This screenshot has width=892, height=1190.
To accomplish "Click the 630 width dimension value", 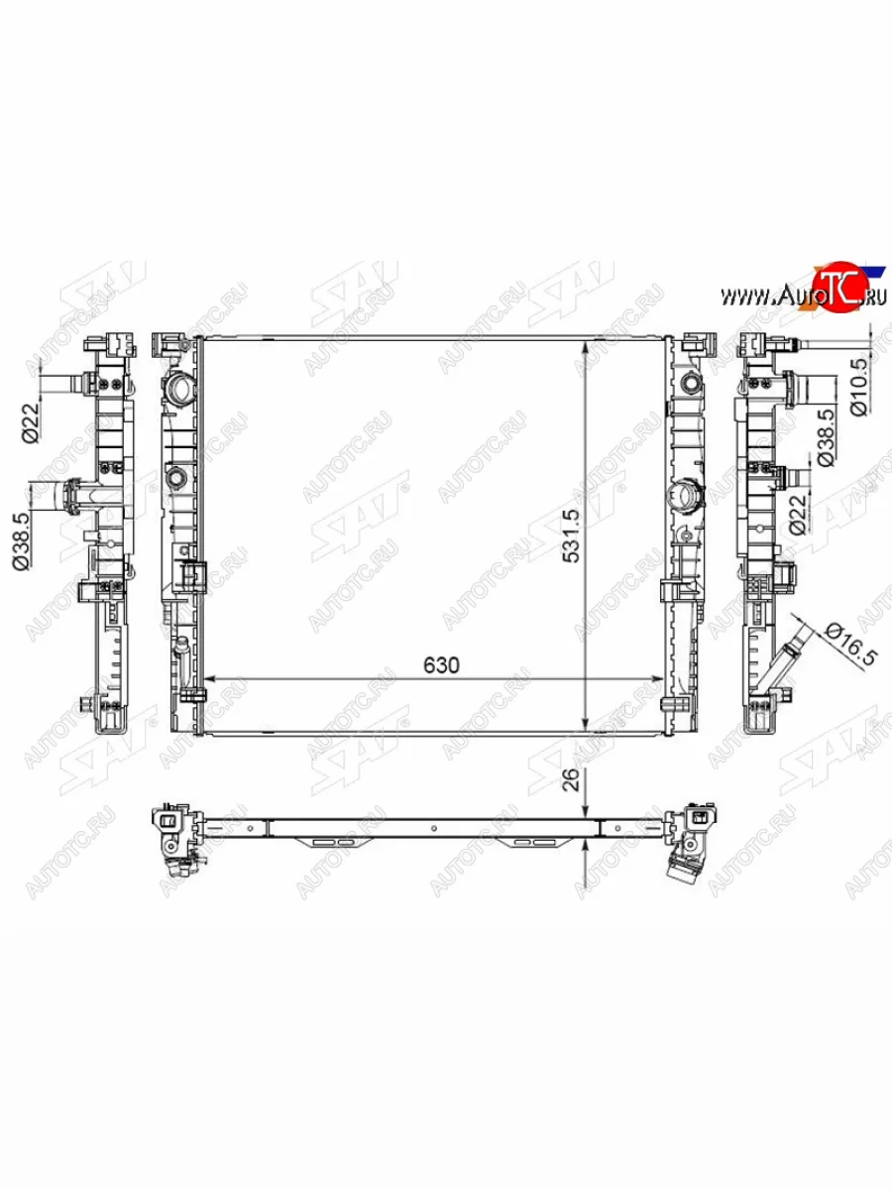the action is [x=441, y=664].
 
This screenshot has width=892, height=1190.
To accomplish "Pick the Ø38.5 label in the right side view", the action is [x=826, y=437].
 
